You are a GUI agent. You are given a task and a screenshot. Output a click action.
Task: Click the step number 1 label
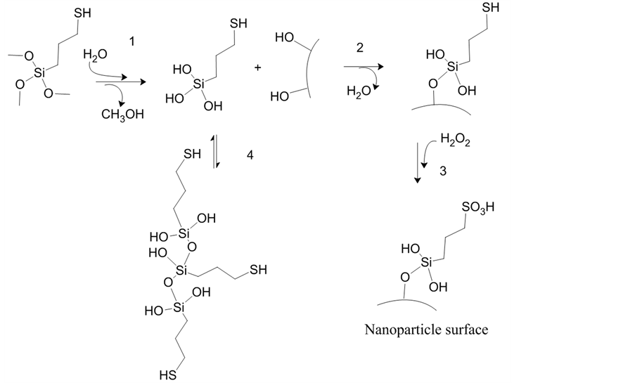[131, 41]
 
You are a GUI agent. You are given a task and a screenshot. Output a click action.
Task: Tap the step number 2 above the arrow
[361, 47]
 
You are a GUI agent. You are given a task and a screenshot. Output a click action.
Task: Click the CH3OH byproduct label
[122, 115]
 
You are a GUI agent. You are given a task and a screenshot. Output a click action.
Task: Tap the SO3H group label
[477, 208]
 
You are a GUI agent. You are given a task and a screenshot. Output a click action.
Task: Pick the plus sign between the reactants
[257, 68]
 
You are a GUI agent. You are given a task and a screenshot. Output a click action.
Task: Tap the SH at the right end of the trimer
[258, 270]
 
